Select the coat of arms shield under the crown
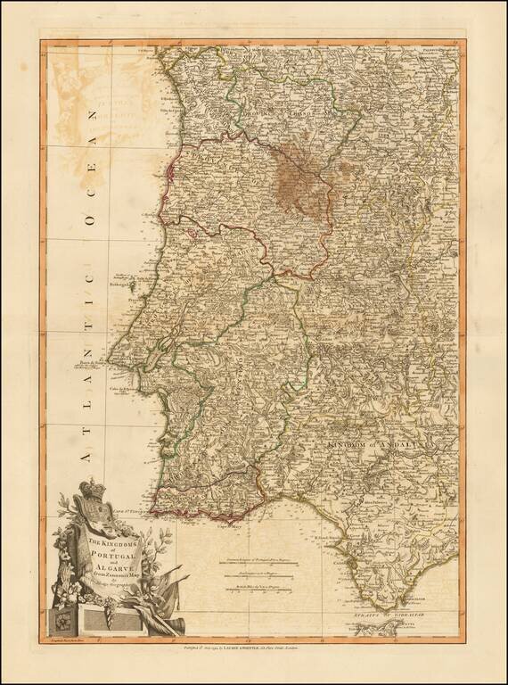pos(91,516)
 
